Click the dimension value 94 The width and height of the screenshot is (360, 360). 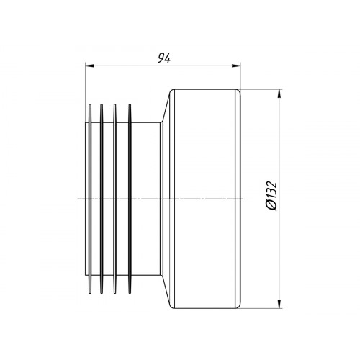coord(164,58)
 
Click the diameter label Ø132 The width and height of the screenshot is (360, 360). coord(271,196)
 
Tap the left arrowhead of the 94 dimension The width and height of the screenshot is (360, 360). coord(89,66)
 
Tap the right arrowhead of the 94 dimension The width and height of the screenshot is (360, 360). coord(236,66)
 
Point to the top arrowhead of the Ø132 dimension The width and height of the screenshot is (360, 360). coord(279,94)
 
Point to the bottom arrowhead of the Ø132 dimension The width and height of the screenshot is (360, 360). coord(279,304)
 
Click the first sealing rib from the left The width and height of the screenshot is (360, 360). coord(90,199)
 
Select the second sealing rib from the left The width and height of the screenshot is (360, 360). coord(102,199)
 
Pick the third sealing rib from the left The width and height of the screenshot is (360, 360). coord(114,199)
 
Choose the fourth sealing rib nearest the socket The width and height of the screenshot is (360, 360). coord(130,199)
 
